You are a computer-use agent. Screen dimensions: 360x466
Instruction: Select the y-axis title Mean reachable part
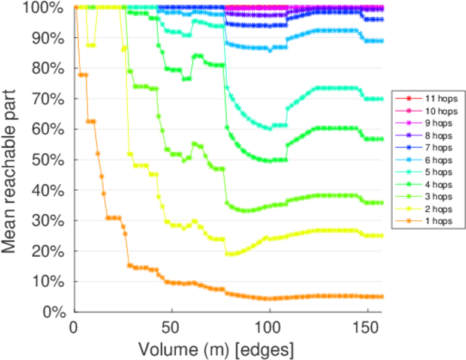pyautogui.click(x=12, y=159)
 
